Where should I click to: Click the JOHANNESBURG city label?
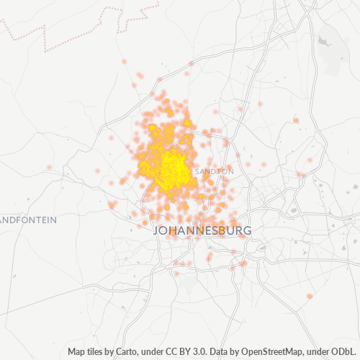pyautogui.click(x=203, y=231)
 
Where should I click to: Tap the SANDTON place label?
pyautogui.click(x=214, y=172)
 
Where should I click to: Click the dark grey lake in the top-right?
pyautogui.click(x=323, y=42)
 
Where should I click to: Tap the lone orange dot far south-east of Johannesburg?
pyautogui.click(x=310, y=296)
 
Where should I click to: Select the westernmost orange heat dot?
pyautogui.click(x=50, y=167)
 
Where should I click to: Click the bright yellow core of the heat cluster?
pyautogui.click(x=170, y=167)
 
